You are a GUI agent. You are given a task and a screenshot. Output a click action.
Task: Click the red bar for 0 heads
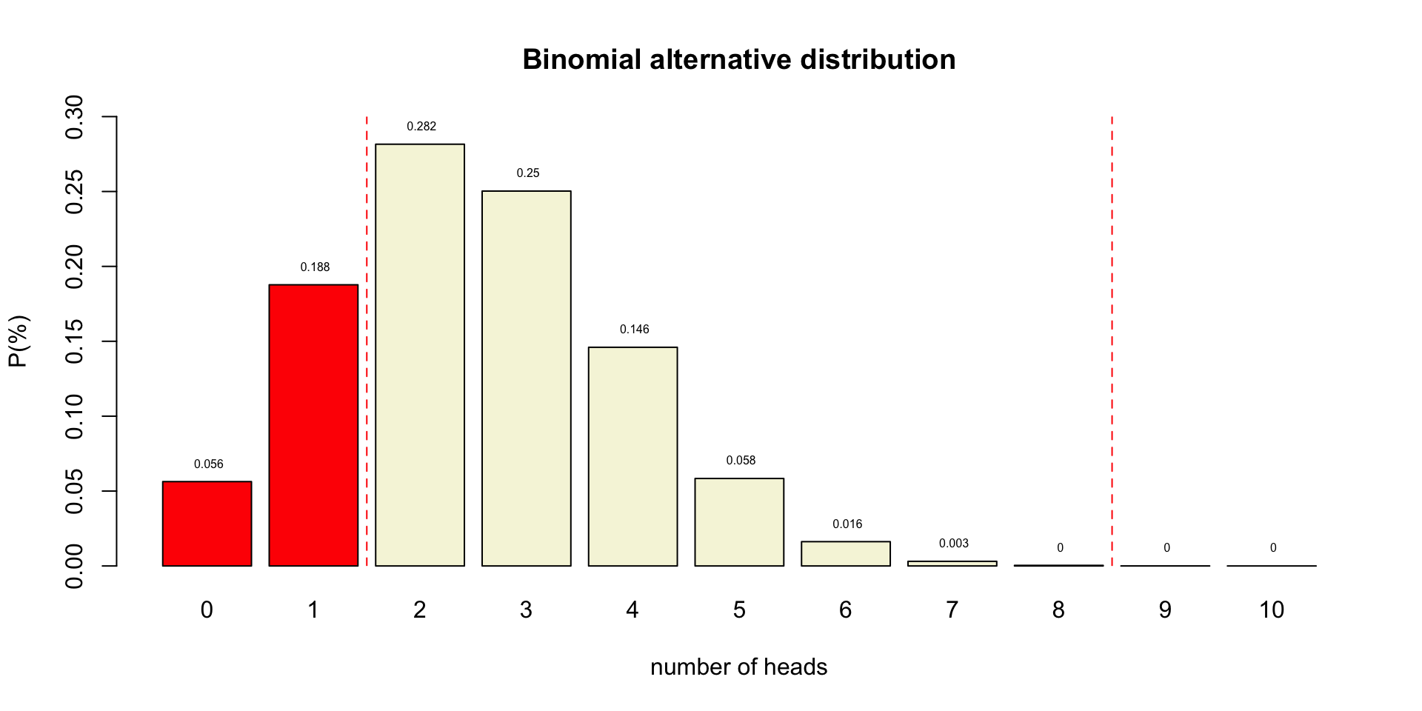(x=207, y=524)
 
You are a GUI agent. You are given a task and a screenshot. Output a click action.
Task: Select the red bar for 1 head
(x=313, y=425)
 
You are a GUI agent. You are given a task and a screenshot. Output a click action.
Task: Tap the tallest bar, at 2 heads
(x=420, y=355)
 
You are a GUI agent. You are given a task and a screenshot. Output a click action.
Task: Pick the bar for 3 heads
(x=527, y=378)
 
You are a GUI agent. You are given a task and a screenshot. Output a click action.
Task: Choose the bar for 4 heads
(x=633, y=456)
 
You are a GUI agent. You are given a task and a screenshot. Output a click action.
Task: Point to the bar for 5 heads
(x=739, y=522)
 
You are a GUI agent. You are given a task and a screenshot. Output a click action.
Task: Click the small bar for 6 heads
(x=846, y=554)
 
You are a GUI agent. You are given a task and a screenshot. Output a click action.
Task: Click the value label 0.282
(x=421, y=127)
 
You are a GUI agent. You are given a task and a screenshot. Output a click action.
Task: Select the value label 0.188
(x=315, y=267)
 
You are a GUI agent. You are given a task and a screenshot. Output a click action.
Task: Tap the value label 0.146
(x=635, y=330)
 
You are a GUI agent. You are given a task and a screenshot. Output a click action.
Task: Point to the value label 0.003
(x=954, y=544)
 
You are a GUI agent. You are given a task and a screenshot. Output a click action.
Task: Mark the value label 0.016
(x=847, y=524)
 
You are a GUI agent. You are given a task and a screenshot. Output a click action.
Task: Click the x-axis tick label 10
(x=1272, y=610)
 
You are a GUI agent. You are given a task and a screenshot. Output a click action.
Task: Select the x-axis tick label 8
(x=1058, y=610)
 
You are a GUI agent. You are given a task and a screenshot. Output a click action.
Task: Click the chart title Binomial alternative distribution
(x=739, y=60)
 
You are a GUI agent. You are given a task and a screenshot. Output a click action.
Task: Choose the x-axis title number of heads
(x=739, y=667)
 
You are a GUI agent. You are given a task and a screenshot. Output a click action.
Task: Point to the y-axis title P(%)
(x=19, y=341)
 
